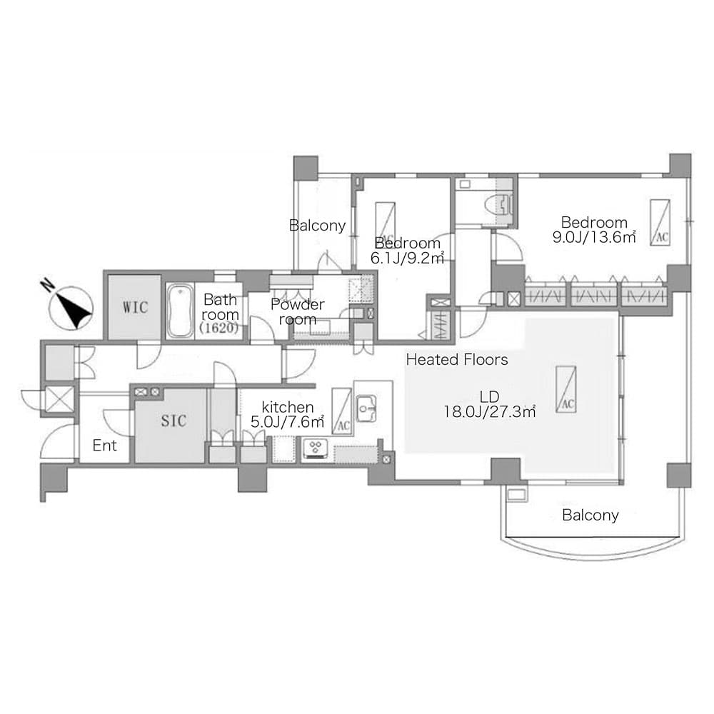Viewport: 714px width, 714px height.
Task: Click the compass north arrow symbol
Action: click(x=71, y=306)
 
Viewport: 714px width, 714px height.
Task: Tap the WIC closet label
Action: click(x=135, y=307)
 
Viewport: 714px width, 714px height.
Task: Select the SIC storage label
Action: click(x=174, y=421)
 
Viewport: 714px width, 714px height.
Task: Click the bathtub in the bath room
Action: click(x=180, y=311)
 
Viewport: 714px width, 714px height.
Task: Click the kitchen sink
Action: click(x=366, y=408)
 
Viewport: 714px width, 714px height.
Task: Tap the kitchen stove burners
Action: click(x=315, y=447)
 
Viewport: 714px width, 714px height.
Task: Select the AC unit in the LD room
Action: click(x=566, y=389)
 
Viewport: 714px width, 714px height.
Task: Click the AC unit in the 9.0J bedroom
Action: click(x=660, y=223)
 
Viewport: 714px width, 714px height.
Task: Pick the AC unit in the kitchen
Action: click(x=341, y=411)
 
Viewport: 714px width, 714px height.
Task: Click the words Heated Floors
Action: click(x=457, y=360)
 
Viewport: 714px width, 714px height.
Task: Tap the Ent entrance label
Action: click(x=104, y=445)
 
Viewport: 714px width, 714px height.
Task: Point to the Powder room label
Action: click(x=297, y=311)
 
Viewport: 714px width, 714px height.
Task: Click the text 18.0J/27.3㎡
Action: click(x=490, y=412)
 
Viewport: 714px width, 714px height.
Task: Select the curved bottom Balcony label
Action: click(x=590, y=515)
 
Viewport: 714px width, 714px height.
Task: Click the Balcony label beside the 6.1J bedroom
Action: click(x=318, y=226)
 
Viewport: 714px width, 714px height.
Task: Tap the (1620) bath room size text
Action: click(x=219, y=328)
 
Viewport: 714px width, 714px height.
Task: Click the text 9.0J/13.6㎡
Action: click(x=594, y=237)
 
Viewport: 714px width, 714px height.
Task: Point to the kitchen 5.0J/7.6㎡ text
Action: click(x=287, y=422)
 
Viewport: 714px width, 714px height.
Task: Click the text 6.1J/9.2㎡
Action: click(x=407, y=258)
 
